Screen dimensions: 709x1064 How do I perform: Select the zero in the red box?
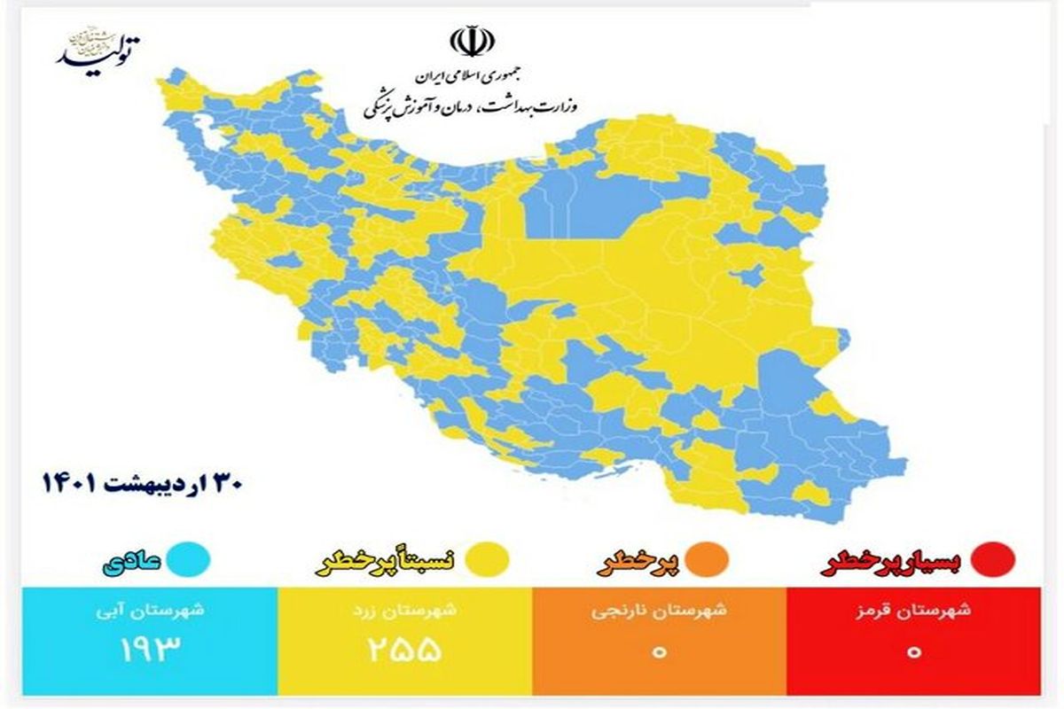tap(914, 651)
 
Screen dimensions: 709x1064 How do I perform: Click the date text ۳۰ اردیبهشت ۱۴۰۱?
tap(143, 485)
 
